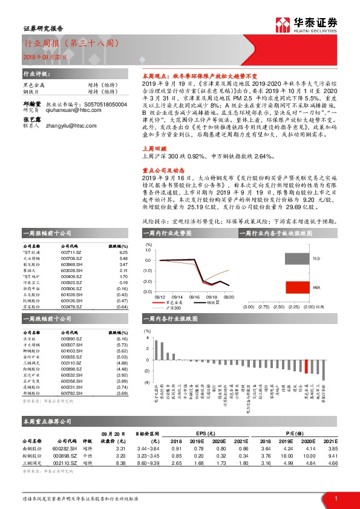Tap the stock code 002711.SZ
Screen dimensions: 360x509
[71, 253]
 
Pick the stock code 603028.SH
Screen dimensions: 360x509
[71, 271]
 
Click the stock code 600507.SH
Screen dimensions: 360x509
[71, 346]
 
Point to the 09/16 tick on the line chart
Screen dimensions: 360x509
[194, 297]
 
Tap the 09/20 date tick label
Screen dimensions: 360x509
[229, 297]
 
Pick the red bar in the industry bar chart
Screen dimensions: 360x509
[307, 366]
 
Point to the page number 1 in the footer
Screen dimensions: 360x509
[336, 499]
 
